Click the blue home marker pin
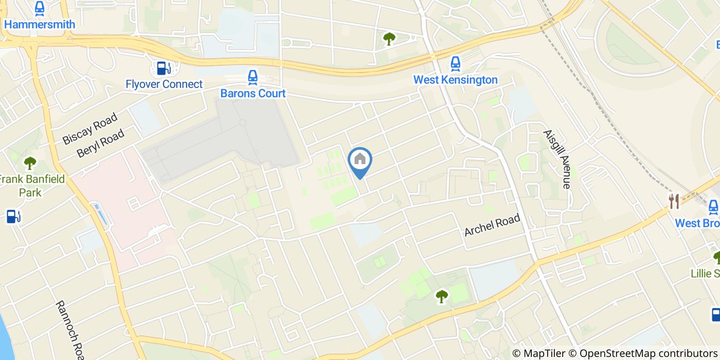(360, 160)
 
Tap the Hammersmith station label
(40, 24)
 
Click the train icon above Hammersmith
(40, 8)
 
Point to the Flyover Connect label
(164, 84)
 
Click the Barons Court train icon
(252, 78)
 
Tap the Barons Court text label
(253, 94)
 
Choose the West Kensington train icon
(455, 64)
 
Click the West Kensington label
(456, 80)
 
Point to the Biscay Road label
(90, 129)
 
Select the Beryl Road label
(101, 143)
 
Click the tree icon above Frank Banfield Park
(30, 164)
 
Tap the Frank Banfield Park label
(31, 186)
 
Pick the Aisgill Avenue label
(557, 159)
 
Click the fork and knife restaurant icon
(674, 202)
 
